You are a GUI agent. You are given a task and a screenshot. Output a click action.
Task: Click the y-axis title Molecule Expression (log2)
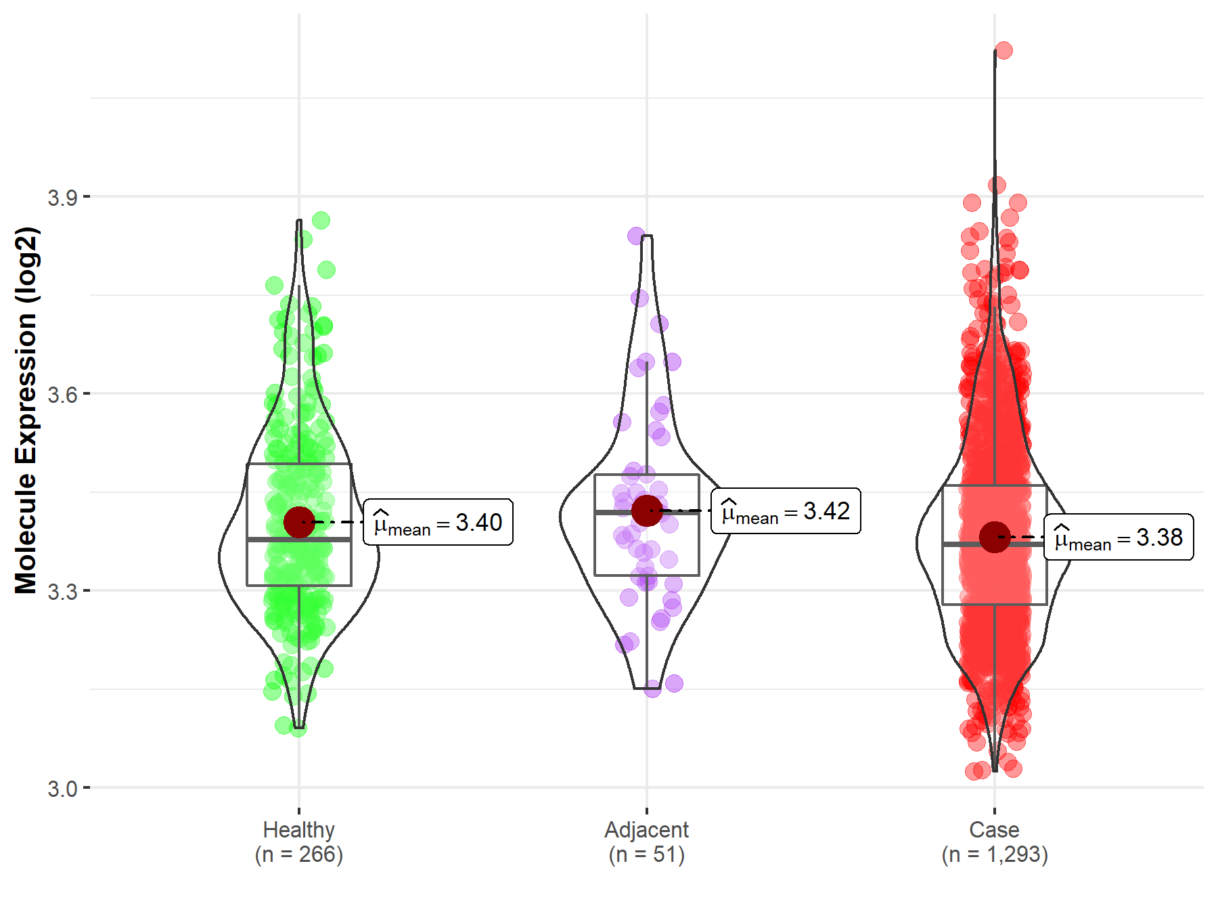point(26,410)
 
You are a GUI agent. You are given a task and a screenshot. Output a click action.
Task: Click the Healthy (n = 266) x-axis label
point(299,842)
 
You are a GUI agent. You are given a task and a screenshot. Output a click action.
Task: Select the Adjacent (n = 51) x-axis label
point(647,842)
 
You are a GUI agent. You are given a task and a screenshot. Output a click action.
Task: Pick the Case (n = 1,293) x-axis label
point(995,842)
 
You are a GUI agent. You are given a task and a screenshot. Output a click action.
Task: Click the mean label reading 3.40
point(438,522)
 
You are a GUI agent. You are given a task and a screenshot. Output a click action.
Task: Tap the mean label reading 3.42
point(786,510)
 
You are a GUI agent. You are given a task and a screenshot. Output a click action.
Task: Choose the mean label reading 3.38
point(1119,537)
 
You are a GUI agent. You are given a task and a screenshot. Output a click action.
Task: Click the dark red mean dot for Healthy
point(299,522)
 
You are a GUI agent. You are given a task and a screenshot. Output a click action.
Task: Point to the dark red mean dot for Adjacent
point(647,510)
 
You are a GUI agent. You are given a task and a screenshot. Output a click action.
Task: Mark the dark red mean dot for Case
point(995,537)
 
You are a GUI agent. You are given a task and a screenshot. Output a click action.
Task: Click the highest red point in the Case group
point(1003,50)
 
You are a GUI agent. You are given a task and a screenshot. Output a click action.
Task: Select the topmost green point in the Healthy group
point(321,220)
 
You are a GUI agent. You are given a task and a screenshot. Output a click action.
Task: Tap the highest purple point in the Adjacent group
point(636,236)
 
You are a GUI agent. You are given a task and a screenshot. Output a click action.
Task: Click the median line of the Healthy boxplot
point(299,540)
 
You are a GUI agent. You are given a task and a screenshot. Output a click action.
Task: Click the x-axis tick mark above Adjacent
point(647,810)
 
